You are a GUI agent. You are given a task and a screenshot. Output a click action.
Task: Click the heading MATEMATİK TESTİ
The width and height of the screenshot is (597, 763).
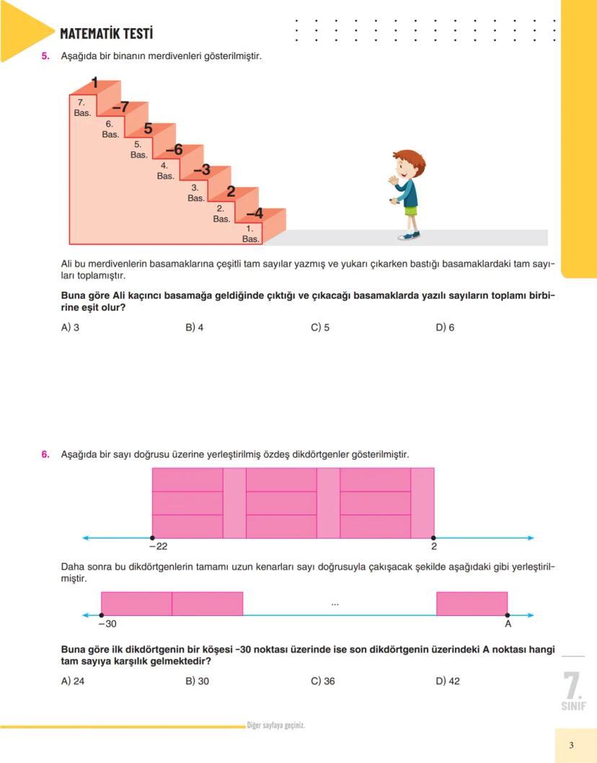tap(106, 33)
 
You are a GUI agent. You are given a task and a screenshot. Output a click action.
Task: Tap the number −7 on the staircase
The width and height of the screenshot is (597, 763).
tap(120, 107)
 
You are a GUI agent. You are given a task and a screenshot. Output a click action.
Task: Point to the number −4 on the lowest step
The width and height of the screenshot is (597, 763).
tap(255, 213)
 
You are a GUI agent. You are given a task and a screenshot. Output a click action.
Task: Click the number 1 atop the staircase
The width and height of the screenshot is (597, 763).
tap(94, 83)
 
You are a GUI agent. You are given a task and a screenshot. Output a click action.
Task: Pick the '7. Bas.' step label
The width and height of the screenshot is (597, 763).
tap(81, 109)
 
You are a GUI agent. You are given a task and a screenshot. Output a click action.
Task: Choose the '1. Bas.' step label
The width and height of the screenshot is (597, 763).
tap(250, 234)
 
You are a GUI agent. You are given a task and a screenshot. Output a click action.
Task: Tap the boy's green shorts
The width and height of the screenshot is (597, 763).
tap(410, 211)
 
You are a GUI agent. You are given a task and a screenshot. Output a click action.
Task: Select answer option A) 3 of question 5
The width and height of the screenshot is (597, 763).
tap(70, 327)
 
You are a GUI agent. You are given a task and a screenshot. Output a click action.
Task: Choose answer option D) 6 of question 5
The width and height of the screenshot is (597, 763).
tap(445, 327)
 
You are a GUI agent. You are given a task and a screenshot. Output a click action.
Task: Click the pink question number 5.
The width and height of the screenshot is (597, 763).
tap(45, 55)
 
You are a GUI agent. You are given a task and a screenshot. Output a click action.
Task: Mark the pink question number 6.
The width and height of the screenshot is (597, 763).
tap(45, 455)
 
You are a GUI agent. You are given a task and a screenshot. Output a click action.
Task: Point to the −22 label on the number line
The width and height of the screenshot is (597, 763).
tap(157, 548)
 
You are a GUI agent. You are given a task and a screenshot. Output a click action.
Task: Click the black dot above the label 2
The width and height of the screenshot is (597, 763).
tap(433, 537)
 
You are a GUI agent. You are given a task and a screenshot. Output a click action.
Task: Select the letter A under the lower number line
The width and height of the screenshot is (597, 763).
tap(508, 625)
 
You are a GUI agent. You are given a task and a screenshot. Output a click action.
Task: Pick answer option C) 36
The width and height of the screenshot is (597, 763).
tap(323, 681)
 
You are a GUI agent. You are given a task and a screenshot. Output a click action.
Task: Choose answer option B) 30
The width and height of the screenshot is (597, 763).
tap(197, 681)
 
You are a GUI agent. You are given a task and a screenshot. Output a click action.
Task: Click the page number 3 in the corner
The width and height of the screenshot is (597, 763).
tap(571, 745)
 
